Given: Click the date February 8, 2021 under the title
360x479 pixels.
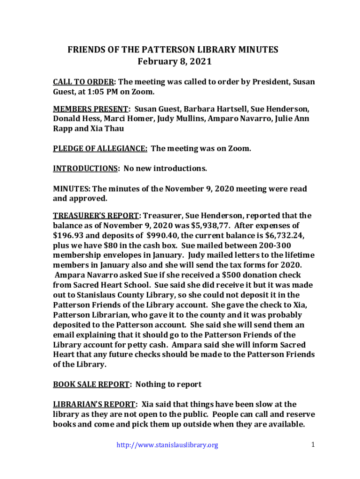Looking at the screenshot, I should [x=174, y=61].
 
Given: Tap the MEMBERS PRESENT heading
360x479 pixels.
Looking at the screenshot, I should [x=91, y=109].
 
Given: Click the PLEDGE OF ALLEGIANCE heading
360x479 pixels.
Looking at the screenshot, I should [x=100, y=149].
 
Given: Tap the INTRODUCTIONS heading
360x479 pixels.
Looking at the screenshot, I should [x=85, y=168].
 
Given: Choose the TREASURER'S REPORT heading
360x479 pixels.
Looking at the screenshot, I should [x=96, y=216].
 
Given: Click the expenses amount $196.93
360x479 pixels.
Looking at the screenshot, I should [x=69, y=235].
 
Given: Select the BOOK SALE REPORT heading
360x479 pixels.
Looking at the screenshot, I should [x=91, y=385].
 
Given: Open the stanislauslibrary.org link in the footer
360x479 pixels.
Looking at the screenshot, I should [x=167, y=445].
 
